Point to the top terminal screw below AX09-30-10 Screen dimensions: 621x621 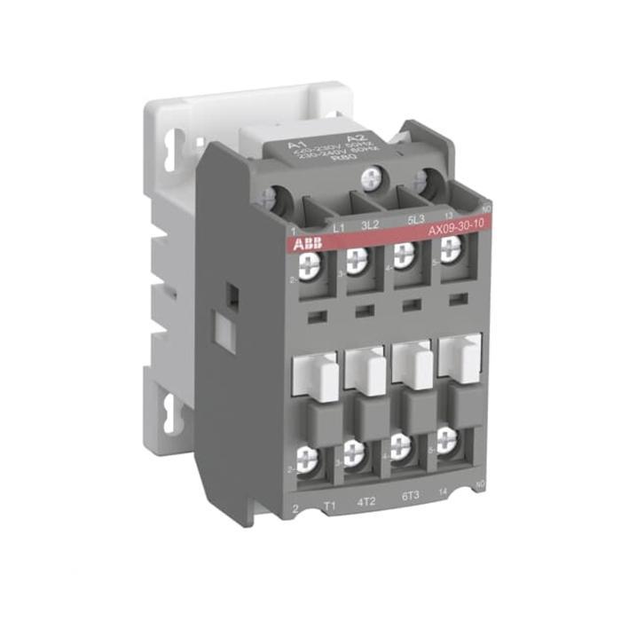coord(451,249)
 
